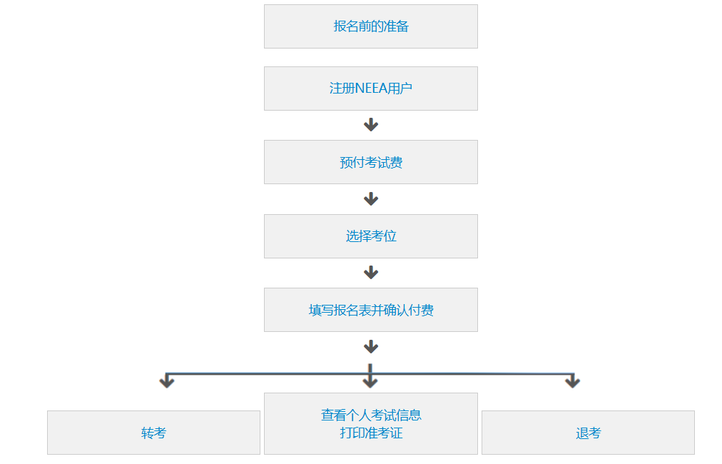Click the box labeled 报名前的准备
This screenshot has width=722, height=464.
[x=370, y=26]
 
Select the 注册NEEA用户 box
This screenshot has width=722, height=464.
[x=370, y=89]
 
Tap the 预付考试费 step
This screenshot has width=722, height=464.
[x=370, y=162]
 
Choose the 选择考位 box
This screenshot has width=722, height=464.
[x=370, y=236]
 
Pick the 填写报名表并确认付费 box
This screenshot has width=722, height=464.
[x=370, y=310]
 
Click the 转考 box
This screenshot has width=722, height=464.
[x=153, y=433]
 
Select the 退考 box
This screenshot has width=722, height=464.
[x=588, y=433]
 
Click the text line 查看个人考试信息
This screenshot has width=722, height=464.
[x=370, y=415]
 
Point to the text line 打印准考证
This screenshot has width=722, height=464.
[x=370, y=433]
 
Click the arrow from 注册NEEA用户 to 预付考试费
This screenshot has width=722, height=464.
[x=370, y=125]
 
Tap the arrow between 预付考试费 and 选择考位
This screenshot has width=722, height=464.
[x=370, y=199]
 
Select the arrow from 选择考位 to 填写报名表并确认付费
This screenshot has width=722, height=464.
[x=370, y=273]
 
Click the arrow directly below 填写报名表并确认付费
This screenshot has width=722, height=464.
[x=370, y=347]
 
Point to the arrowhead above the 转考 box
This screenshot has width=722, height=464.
[x=167, y=382]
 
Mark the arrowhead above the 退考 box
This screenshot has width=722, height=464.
[x=572, y=382]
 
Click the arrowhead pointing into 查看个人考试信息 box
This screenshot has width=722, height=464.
[x=370, y=382]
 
